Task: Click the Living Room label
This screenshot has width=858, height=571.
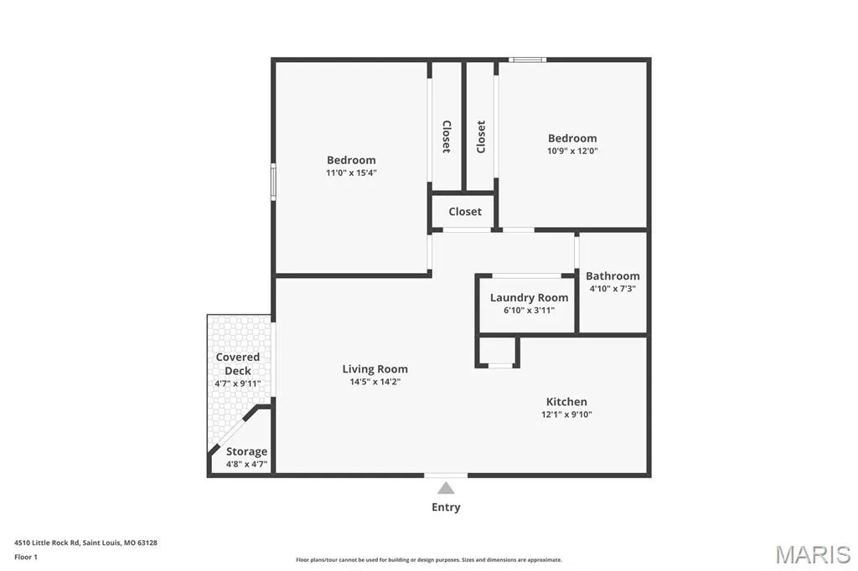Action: click(x=375, y=369)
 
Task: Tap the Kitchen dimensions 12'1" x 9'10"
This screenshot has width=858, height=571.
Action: click(x=566, y=414)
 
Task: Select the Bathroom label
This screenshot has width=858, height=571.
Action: click(x=612, y=276)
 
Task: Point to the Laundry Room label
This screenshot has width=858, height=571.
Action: click(x=529, y=298)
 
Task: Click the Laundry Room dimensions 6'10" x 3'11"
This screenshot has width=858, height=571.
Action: click(x=529, y=310)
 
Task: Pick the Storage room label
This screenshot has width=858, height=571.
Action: click(x=247, y=452)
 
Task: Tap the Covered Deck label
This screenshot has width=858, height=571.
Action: click(x=237, y=363)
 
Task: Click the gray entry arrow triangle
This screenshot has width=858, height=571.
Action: click(x=446, y=488)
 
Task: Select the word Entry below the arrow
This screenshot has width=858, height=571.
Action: click(x=446, y=507)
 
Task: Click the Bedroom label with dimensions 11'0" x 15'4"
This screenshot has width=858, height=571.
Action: click(x=351, y=160)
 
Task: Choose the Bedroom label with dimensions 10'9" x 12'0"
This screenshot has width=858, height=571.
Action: click(x=572, y=138)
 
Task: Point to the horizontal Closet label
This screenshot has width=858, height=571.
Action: click(x=465, y=212)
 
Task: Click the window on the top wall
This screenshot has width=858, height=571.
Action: click(x=527, y=59)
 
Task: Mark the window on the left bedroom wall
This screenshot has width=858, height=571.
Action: click(x=273, y=182)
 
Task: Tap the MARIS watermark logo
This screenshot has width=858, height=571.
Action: click(x=813, y=554)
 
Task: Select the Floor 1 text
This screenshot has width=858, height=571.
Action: click(x=26, y=558)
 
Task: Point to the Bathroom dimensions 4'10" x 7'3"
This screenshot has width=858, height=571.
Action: click(x=612, y=289)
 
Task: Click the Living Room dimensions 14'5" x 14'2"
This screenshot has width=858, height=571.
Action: click(x=375, y=382)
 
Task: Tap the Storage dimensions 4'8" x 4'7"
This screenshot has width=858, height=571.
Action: click(x=247, y=465)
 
